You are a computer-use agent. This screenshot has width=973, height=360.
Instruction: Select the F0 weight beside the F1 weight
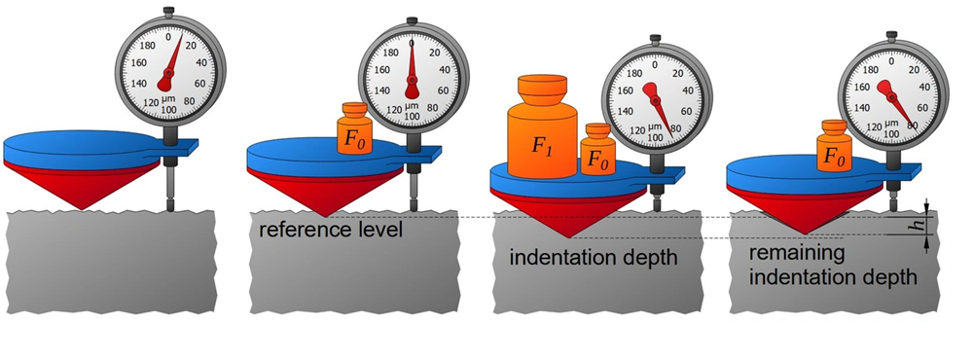pos(597,150)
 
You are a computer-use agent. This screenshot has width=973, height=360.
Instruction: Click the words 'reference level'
pos(331,230)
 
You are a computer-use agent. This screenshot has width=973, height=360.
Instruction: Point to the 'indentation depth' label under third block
pos(594,256)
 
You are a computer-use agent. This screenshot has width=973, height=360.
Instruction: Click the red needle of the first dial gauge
pos(169,64)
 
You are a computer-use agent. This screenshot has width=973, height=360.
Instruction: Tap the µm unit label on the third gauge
pos(655,126)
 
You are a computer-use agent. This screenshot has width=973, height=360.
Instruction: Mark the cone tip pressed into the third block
pos(568,236)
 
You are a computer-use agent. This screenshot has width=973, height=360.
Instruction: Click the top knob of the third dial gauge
pos(655,39)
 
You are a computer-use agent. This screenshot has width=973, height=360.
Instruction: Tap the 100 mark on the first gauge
pos(168,109)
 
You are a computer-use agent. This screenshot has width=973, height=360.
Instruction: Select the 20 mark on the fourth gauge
pos(914,70)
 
